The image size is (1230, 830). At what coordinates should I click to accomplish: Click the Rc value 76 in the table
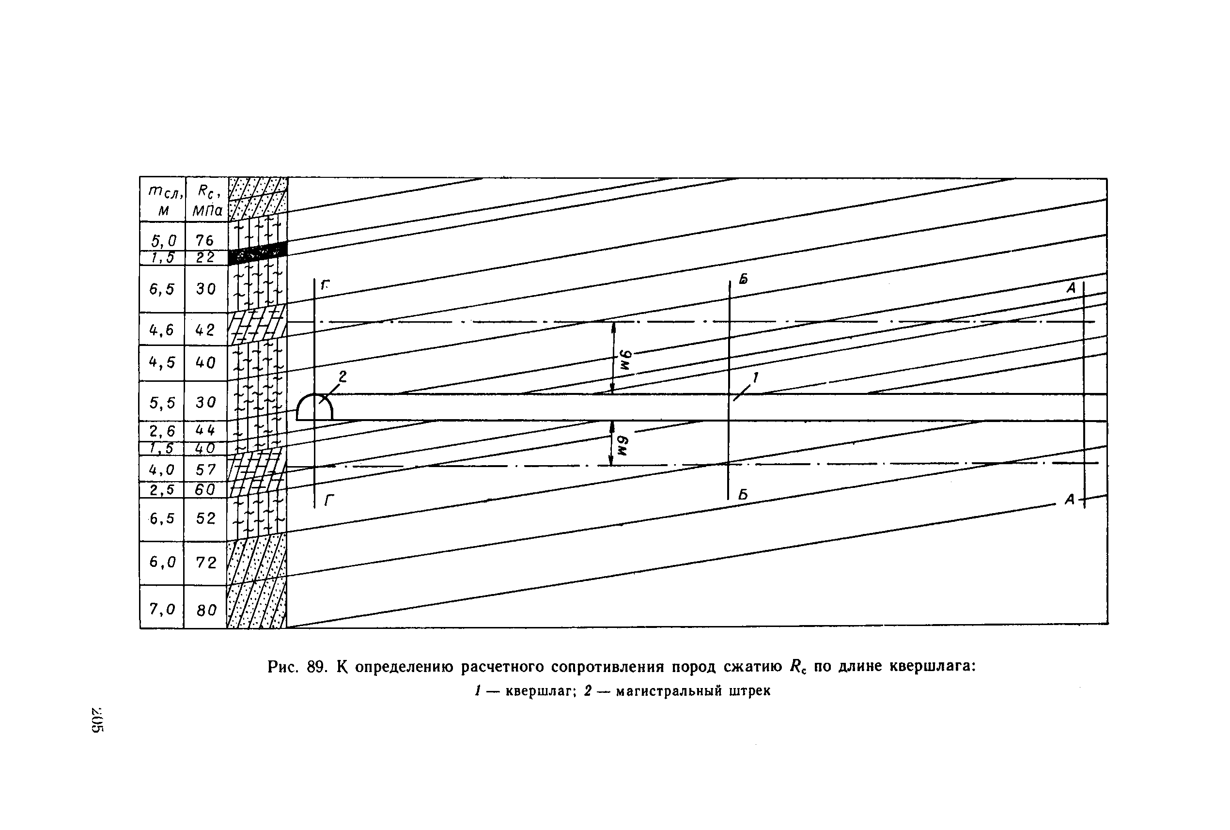point(205,240)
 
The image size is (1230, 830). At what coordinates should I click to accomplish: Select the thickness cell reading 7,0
point(162,609)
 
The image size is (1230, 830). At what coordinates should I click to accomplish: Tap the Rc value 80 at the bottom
point(206,611)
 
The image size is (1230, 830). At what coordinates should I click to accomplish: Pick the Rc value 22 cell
point(205,258)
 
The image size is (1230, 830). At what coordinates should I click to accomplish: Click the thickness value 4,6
point(161,330)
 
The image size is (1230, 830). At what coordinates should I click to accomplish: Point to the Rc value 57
point(205,470)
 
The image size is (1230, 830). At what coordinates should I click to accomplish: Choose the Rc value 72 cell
point(206,562)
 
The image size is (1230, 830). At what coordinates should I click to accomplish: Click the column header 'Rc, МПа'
point(207,200)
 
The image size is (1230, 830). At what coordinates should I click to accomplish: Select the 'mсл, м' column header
point(164,200)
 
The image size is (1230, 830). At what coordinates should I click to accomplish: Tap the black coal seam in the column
point(258,253)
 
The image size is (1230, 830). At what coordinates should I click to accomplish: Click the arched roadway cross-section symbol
point(314,407)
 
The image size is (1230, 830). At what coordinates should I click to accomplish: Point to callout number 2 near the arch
point(343,376)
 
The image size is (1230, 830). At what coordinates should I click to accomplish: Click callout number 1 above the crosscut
point(755,377)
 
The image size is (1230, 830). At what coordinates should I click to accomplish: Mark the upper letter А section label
point(1071,288)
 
